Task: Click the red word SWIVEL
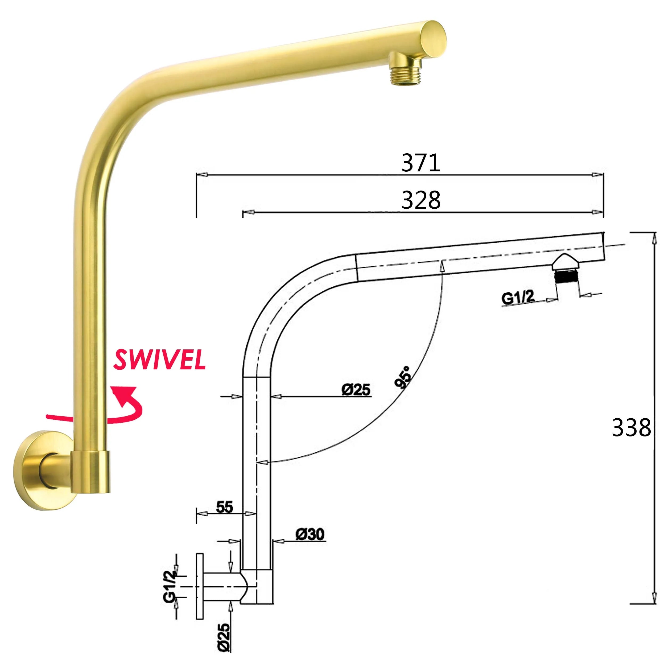coord(159,360)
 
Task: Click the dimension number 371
coord(420,163)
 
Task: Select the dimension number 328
coord(420,200)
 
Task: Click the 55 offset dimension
coord(224,507)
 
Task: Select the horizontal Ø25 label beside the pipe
coord(356,389)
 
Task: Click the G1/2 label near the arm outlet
coord(518,298)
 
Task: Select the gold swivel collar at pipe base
coord(91,472)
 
